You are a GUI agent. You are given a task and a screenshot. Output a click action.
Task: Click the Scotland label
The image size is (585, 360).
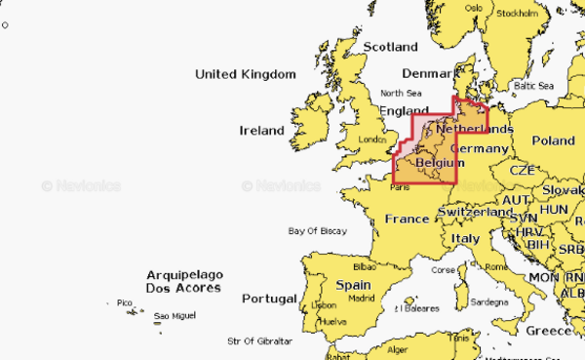tap(390, 47)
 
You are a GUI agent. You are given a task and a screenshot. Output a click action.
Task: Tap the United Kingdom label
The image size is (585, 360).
tap(245, 74)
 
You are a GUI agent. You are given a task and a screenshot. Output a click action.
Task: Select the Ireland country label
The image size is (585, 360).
tap(262, 130)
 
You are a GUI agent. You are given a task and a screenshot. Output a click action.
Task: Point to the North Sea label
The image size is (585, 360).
tap(402, 94)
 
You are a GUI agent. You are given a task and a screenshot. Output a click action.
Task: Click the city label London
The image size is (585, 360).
tap(373, 140)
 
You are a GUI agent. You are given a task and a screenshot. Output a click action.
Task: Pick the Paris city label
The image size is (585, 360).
tap(401, 188)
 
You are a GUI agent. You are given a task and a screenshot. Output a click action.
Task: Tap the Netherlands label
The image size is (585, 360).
tap(475, 129)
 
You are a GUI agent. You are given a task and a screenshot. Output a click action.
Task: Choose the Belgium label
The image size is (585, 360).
tap(440, 162)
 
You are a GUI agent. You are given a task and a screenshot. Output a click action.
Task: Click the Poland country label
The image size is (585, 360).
tap(553, 140)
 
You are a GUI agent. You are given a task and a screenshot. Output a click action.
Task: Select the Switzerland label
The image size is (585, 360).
tap(476, 212)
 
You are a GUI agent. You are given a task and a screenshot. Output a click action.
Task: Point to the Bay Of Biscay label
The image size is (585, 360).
tap(318, 231)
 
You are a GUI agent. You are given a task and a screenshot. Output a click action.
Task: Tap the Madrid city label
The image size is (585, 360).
tap(362, 298)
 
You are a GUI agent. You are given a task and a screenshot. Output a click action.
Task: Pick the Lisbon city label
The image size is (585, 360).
tap(324, 305)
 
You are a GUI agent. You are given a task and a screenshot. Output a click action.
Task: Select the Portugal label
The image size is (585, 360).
tap(269, 298)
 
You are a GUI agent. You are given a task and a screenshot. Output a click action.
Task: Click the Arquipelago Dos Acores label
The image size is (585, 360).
tap(183, 282)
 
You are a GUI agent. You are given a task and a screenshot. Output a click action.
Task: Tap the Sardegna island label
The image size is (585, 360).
tap(489, 302)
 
